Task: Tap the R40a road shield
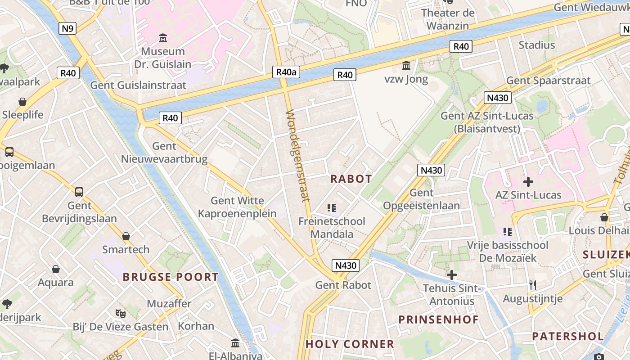pos(287,72)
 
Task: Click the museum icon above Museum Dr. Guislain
pos(163,38)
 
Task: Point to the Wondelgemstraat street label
pos(298,155)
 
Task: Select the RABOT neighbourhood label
pos(351,179)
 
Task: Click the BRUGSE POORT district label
pos(171,277)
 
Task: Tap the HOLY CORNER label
pos(350,344)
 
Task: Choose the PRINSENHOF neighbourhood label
pos(438,319)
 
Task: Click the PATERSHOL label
pos(568,336)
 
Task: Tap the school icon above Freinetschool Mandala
pos(332,208)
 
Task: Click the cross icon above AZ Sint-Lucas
pos(528,182)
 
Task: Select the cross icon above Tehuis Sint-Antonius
pos(452,275)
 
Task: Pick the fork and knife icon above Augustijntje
pos(533,285)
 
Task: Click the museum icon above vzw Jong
pos(407,66)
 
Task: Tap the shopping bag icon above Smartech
pos(126,236)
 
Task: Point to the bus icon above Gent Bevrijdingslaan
pos(79,192)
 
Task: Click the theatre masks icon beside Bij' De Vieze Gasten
pos(120,313)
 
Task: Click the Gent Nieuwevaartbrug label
pos(164,153)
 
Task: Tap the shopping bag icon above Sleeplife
pos(22,102)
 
